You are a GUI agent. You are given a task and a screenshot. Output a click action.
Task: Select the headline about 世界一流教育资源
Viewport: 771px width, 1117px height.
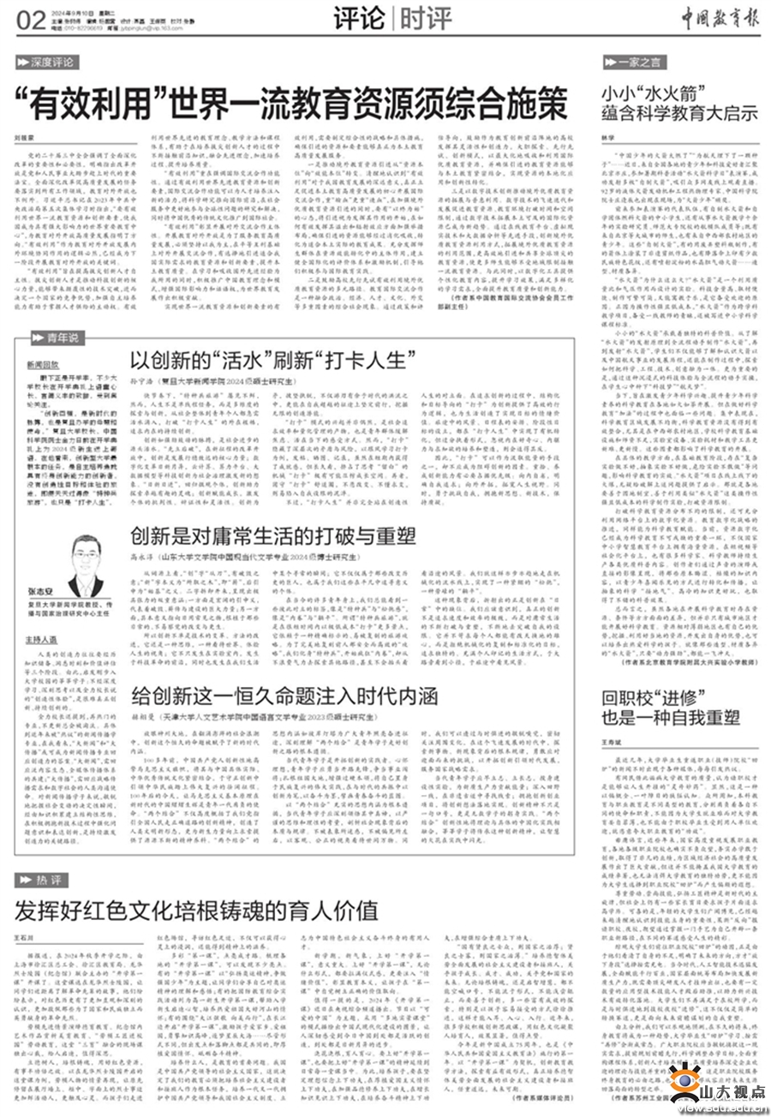[296, 104]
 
